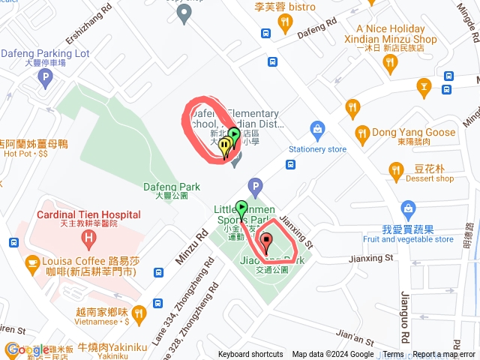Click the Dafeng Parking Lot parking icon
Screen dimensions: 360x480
45,77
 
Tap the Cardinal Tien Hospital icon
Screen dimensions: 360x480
89,241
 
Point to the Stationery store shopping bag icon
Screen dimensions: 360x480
318,130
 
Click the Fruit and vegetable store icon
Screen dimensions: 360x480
408,208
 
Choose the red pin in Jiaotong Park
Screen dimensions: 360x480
266,242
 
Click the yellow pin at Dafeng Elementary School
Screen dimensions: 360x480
224,147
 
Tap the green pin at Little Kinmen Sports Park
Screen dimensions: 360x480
241,209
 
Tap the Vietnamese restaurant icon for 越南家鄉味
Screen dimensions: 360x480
138,313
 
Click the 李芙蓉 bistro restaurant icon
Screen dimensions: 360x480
284,25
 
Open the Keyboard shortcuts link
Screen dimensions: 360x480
250,355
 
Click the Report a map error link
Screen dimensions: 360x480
445,355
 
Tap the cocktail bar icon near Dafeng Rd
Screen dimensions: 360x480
424,88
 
